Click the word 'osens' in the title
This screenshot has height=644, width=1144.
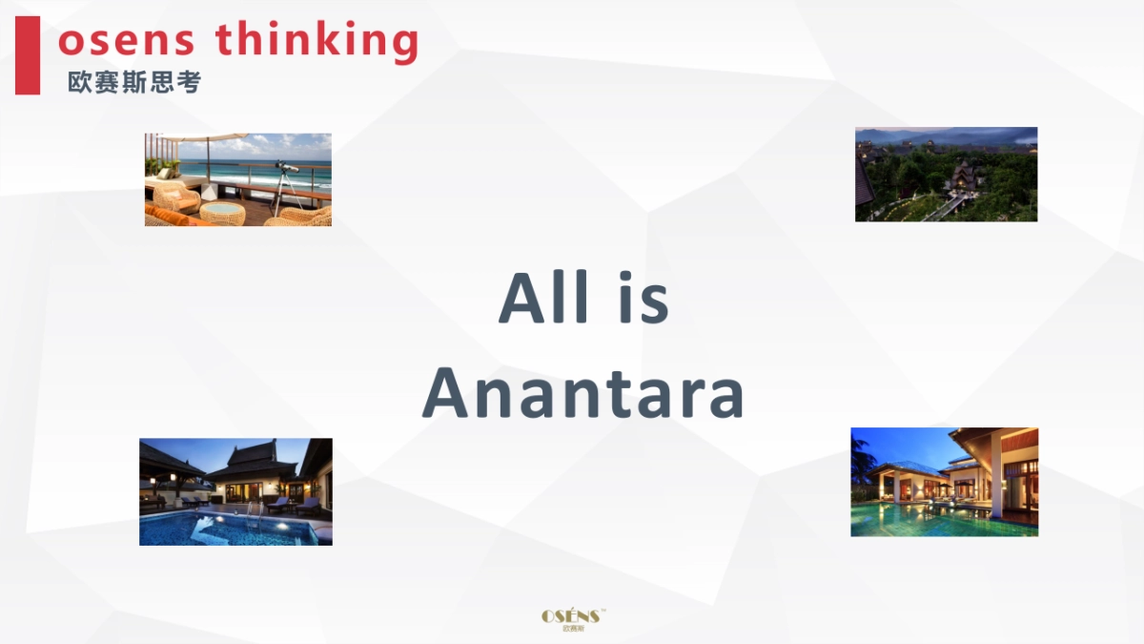point(127,40)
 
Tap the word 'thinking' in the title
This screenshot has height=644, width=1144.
point(317,40)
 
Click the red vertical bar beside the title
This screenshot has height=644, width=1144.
point(28,55)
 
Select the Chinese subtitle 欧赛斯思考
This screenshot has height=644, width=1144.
point(134,83)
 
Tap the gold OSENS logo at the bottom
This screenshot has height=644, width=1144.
point(572,615)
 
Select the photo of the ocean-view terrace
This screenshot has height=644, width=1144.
point(237,179)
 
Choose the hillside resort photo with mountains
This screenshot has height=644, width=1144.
point(946,174)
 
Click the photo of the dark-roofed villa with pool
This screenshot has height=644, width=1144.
point(235,491)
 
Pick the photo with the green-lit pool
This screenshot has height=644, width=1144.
point(944,481)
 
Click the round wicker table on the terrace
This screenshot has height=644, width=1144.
point(222,210)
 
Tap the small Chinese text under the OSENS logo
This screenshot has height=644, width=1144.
point(572,629)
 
